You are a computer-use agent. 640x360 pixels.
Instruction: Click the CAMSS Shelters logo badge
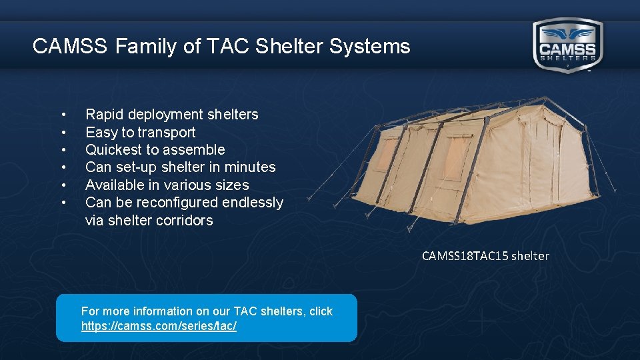(x=567, y=45)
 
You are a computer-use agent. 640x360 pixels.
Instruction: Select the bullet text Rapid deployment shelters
(x=171, y=115)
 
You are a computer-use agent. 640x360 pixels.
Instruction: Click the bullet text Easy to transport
(x=140, y=132)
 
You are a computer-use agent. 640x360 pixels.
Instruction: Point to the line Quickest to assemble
(x=155, y=149)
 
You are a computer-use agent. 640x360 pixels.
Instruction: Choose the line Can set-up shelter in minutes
(x=180, y=167)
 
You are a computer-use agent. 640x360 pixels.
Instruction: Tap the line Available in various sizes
(x=167, y=185)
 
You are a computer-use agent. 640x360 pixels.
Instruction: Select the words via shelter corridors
(x=149, y=220)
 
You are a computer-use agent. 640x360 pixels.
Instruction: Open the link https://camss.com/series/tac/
(x=159, y=326)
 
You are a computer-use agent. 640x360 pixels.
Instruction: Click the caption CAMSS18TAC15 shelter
(x=485, y=256)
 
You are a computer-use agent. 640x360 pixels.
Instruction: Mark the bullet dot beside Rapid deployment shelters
(x=63, y=115)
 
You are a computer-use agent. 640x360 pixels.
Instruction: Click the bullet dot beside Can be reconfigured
(x=63, y=202)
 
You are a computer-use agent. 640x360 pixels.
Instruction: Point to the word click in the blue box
(x=321, y=311)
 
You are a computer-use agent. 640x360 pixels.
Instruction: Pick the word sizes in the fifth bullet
(x=233, y=185)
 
